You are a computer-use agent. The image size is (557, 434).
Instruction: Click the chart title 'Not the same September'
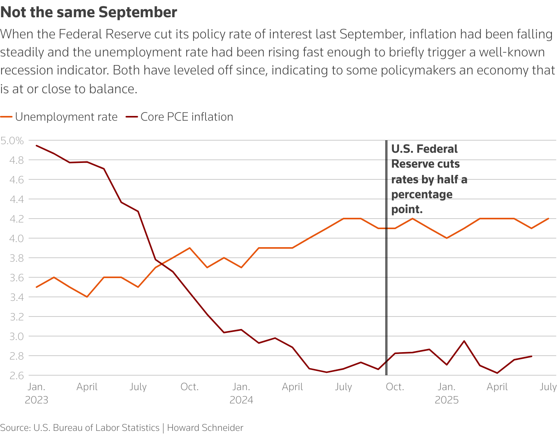89,13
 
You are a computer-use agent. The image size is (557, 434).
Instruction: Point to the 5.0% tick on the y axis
12,140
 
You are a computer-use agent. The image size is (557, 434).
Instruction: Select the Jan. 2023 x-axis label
36,393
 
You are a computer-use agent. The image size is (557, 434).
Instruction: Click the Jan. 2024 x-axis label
241,393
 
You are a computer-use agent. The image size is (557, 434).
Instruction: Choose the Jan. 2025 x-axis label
446,393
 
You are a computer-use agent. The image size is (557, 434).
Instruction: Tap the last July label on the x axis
548,387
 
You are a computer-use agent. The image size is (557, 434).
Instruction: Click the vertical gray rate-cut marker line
386,274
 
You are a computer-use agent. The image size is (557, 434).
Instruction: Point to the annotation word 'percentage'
422,194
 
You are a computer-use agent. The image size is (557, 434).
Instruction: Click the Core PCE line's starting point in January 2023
36,145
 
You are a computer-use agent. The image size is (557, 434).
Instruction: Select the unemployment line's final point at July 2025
548,219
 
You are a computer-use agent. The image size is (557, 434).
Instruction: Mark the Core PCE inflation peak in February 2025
464,341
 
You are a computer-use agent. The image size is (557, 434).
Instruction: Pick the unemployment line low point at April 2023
87,297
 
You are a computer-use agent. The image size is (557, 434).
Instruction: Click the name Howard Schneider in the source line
205,428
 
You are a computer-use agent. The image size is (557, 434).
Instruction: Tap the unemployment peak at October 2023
190,248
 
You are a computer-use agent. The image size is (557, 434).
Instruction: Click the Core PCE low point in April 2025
497,373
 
